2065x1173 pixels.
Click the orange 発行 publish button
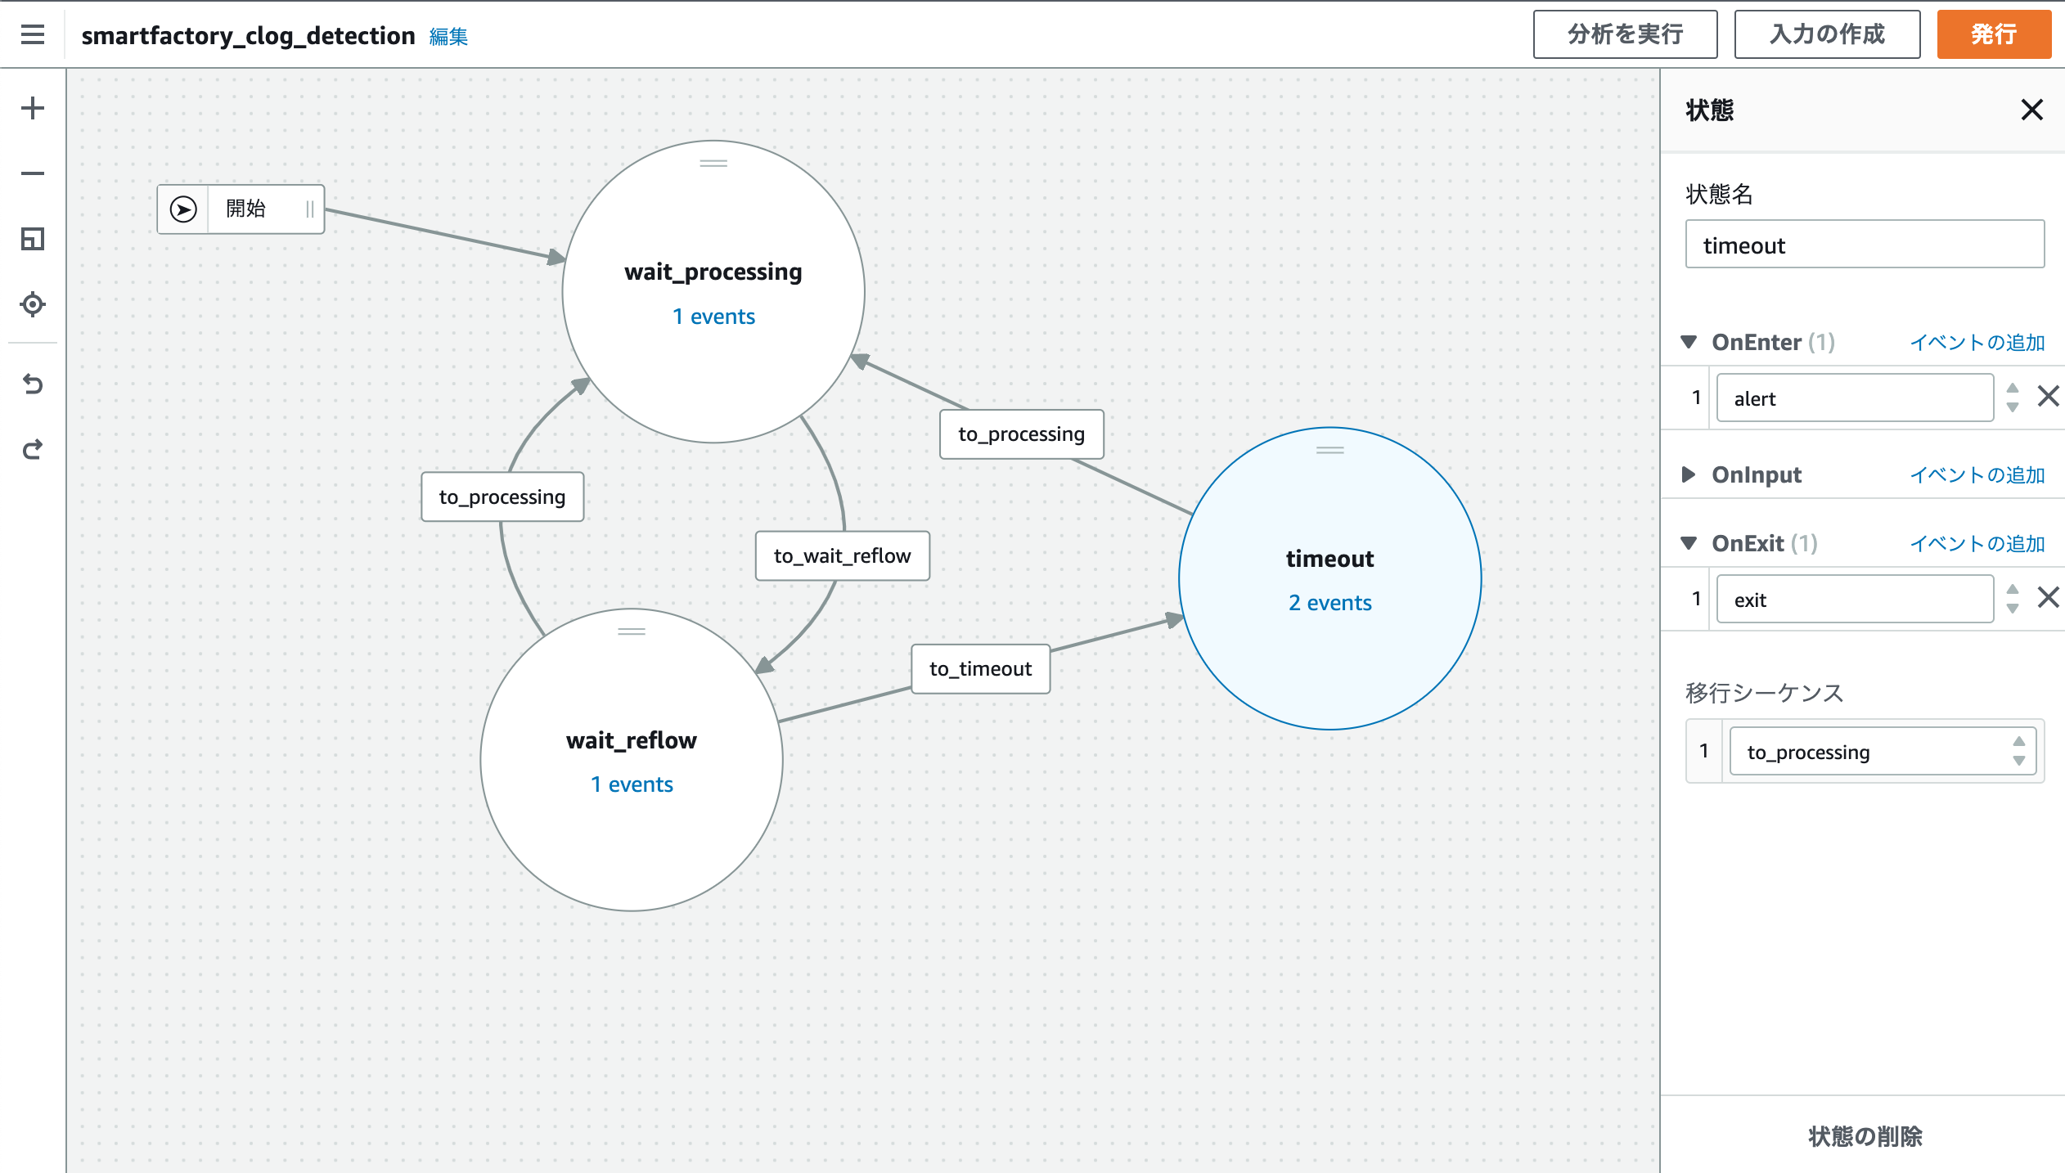pyautogui.click(x=1993, y=34)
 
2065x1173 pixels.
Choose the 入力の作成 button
pyautogui.click(x=1826, y=34)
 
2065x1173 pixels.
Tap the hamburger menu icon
pyautogui.click(x=33, y=34)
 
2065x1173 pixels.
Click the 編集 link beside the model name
pyautogui.click(x=448, y=37)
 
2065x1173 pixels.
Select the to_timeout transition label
pyautogui.click(x=980, y=669)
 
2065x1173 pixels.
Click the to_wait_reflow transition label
pyautogui.click(x=842, y=556)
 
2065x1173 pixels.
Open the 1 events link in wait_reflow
pyautogui.click(x=632, y=784)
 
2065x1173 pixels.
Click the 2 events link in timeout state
pyautogui.click(x=1329, y=603)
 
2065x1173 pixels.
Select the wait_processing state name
pyautogui.click(x=713, y=272)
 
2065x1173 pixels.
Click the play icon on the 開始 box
pyautogui.click(x=183, y=209)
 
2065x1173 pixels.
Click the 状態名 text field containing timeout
pyautogui.click(x=1864, y=245)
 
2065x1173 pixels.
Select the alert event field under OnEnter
pyautogui.click(x=1854, y=398)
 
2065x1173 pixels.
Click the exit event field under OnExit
pyautogui.click(x=1854, y=600)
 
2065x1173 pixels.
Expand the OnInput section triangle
pyautogui.click(x=1688, y=474)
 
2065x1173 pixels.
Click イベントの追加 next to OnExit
pyautogui.click(x=1977, y=544)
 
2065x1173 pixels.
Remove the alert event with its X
pyautogui.click(x=2048, y=397)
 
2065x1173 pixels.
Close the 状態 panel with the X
pyautogui.click(x=2031, y=110)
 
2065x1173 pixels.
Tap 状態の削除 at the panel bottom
pyautogui.click(x=1865, y=1136)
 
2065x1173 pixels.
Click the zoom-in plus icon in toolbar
pyautogui.click(x=33, y=108)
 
